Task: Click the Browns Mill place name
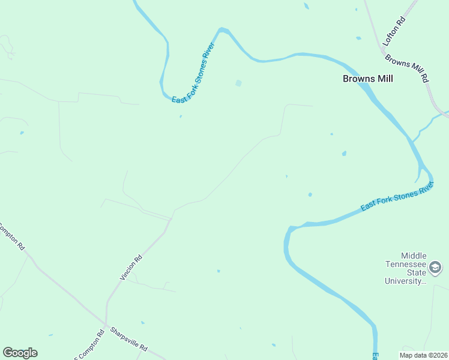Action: click(x=367, y=79)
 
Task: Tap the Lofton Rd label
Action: click(x=394, y=31)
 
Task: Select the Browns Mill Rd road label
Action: click(x=408, y=69)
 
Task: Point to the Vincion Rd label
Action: click(x=131, y=268)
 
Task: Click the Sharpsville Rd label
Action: click(x=129, y=340)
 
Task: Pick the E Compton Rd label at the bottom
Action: click(x=89, y=345)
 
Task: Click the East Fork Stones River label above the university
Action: click(x=397, y=197)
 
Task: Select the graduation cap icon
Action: click(x=436, y=267)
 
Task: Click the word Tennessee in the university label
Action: click(x=406, y=265)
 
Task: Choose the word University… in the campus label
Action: click(x=406, y=281)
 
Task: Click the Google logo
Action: click(x=20, y=353)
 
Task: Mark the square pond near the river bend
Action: click(x=238, y=83)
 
